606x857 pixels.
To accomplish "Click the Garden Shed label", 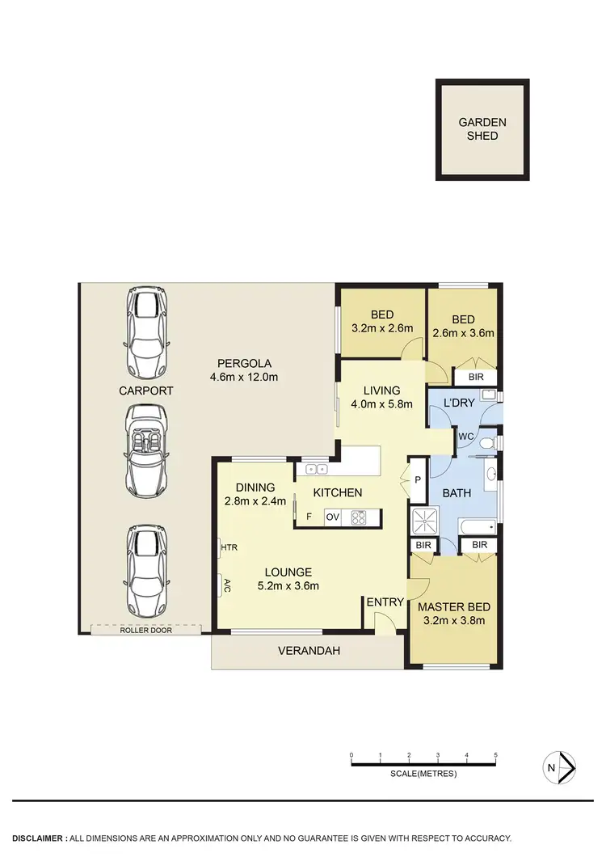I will click(482, 129).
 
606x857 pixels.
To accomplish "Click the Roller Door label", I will click(146, 630).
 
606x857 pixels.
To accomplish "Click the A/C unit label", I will click(227, 585).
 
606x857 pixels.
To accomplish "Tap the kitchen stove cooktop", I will click(359, 517).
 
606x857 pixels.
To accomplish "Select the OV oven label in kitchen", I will click(332, 517).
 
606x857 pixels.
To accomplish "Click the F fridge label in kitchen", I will click(308, 517).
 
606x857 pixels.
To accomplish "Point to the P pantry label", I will click(418, 479).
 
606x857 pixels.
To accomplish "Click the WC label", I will click(465, 437).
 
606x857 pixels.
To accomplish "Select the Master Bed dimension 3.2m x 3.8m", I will click(453, 621).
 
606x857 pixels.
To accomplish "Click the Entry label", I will click(384, 602).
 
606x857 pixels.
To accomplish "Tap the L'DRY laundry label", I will click(458, 402).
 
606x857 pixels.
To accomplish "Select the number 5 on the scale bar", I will click(495, 755).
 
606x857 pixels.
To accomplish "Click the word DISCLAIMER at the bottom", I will click(38, 838).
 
